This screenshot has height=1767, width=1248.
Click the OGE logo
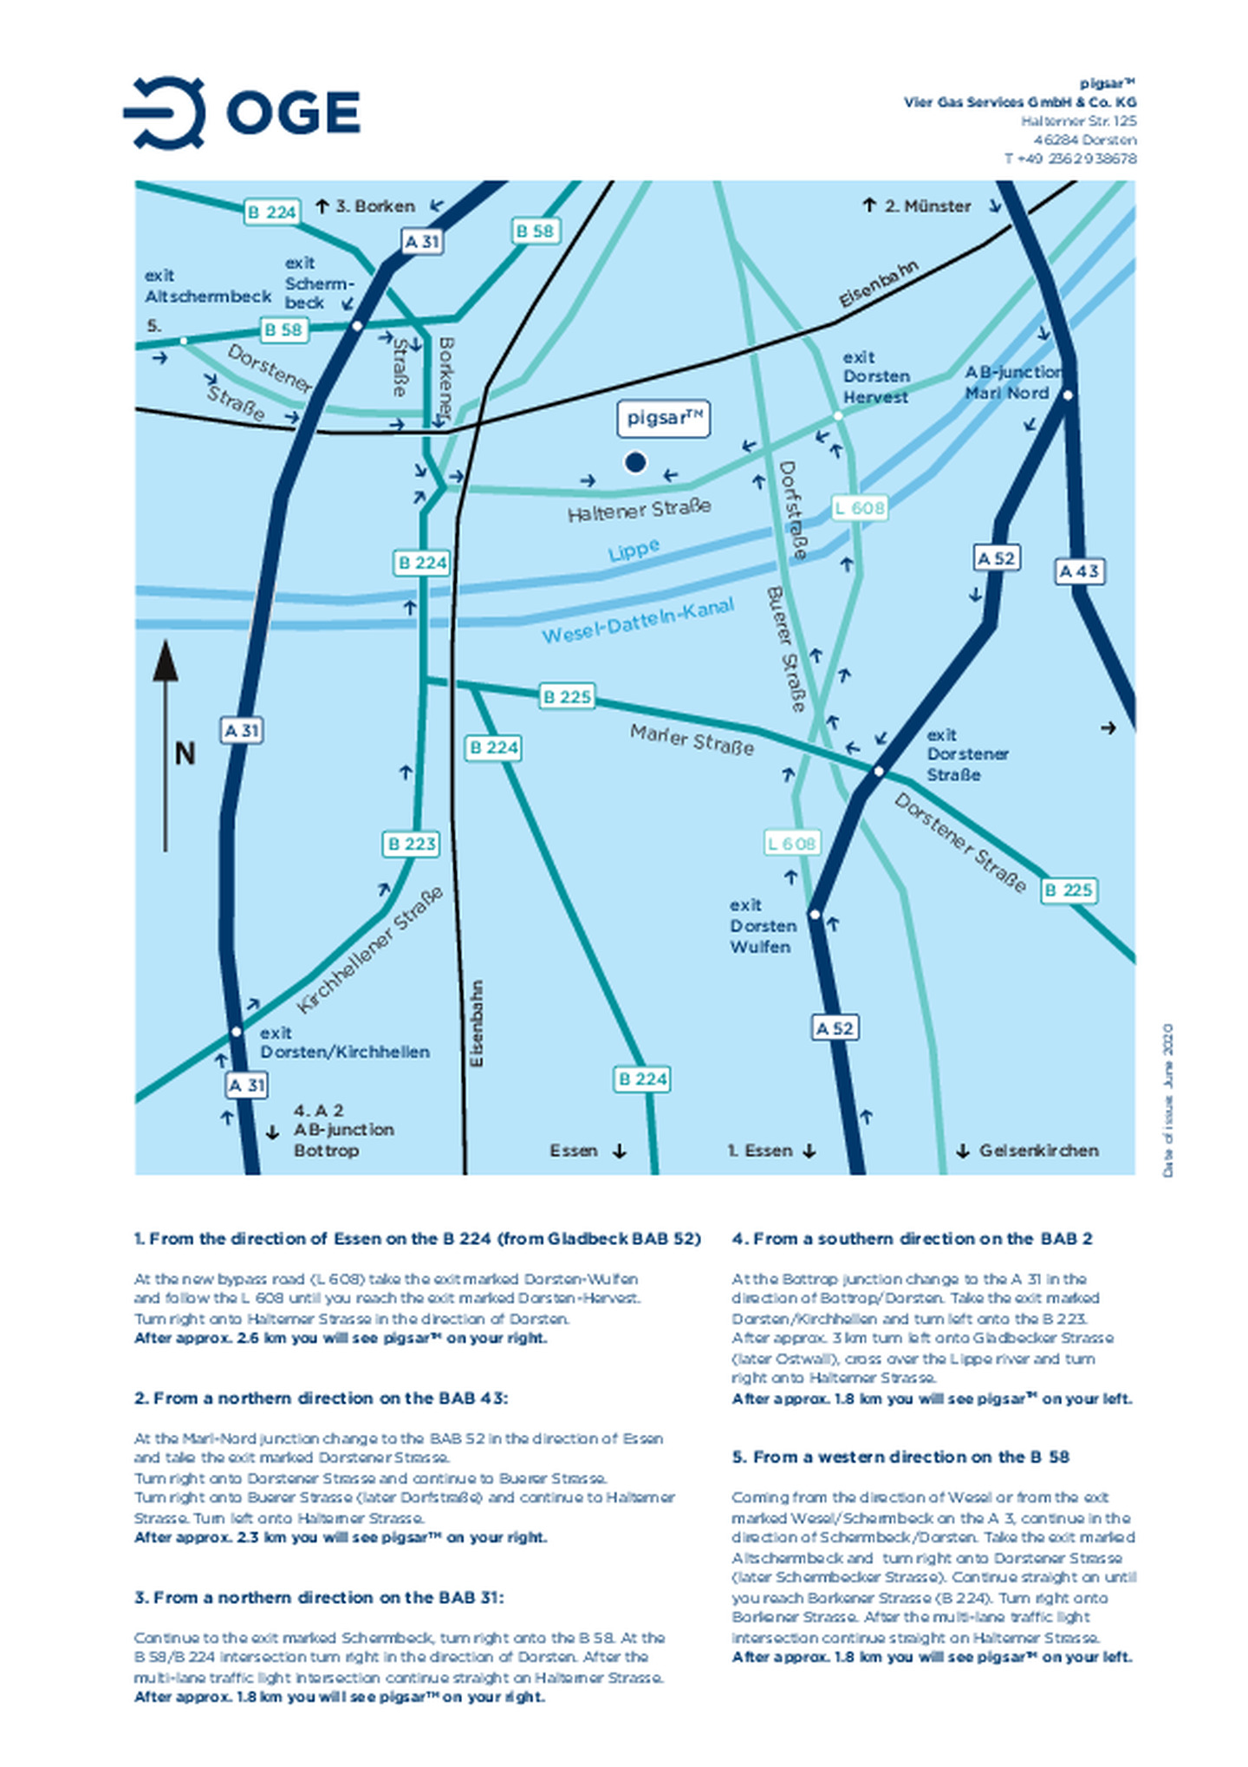coord(242,113)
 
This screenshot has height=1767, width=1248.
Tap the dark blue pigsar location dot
coord(635,463)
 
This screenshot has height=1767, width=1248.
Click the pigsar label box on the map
coord(664,419)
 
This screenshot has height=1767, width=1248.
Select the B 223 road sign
coord(412,844)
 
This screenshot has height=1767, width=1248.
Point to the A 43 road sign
coord(1079,571)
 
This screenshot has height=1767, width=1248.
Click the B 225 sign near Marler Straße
coord(567,696)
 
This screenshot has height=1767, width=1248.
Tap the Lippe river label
coord(634,550)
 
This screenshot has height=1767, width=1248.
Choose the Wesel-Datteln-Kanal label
coord(638,621)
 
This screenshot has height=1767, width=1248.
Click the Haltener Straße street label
coord(640,510)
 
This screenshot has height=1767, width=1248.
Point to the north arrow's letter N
coord(185,753)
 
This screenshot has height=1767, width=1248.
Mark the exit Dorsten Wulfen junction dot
coord(814,914)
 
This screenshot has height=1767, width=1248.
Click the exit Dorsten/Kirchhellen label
coord(343,1042)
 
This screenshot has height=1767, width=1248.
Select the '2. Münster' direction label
coord(927,206)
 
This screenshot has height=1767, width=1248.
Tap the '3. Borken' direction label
coord(375,206)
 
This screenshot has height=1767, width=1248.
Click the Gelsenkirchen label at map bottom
coord(1038,1151)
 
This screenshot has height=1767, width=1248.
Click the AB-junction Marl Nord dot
coord(1068,395)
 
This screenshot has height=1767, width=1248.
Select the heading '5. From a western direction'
coord(900,1457)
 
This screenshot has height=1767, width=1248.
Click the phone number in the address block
coord(1070,159)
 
